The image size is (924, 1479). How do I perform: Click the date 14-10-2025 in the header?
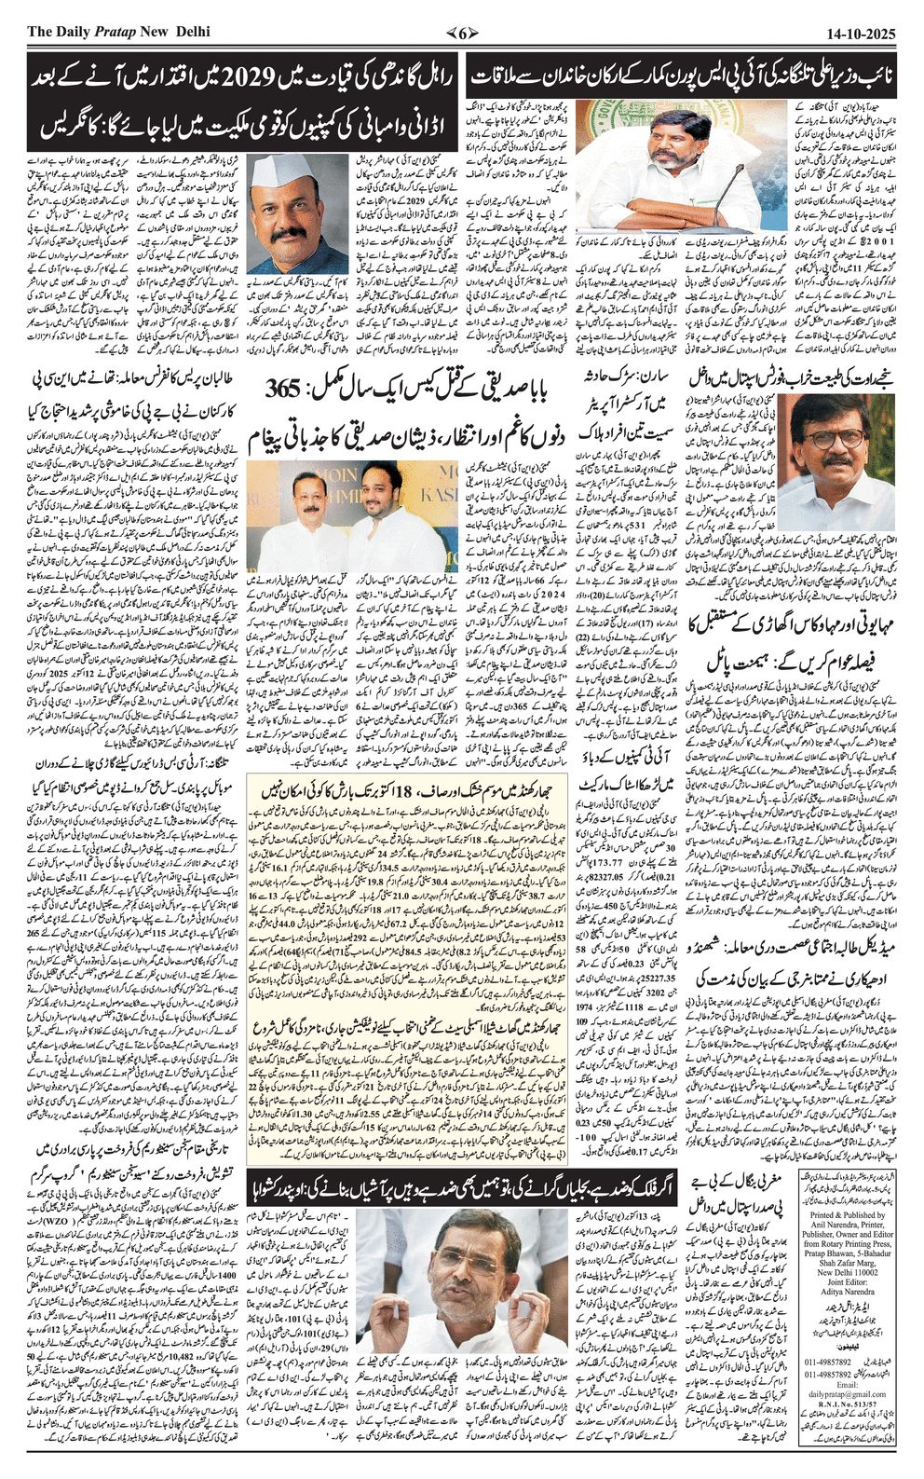point(861,33)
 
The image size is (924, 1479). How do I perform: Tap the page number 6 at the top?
point(462,33)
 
